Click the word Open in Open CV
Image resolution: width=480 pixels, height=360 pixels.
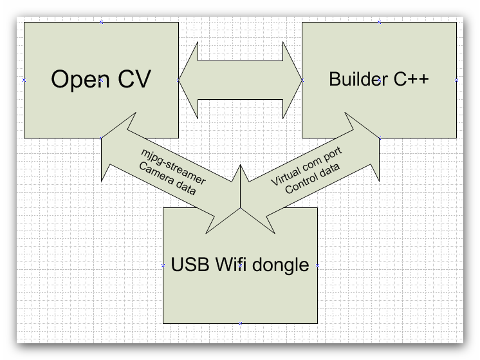click(x=75, y=80)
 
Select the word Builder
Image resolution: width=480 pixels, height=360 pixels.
click(x=357, y=79)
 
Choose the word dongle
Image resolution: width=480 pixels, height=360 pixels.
click(x=284, y=265)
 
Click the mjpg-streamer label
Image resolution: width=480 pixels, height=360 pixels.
click(x=173, y=166)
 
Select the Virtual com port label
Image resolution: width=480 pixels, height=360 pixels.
click(x=306, y=167)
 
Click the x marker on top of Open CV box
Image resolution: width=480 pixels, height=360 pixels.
click(x=101, y=22)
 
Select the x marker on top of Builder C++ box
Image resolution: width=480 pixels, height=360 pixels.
click(x=380, y=22)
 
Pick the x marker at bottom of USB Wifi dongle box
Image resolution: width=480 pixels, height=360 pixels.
click(x=240, y=323)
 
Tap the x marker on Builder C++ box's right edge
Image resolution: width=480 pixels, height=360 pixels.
click(x=457, y=80)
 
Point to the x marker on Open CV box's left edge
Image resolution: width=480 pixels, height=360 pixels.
click(x=24, y=80)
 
